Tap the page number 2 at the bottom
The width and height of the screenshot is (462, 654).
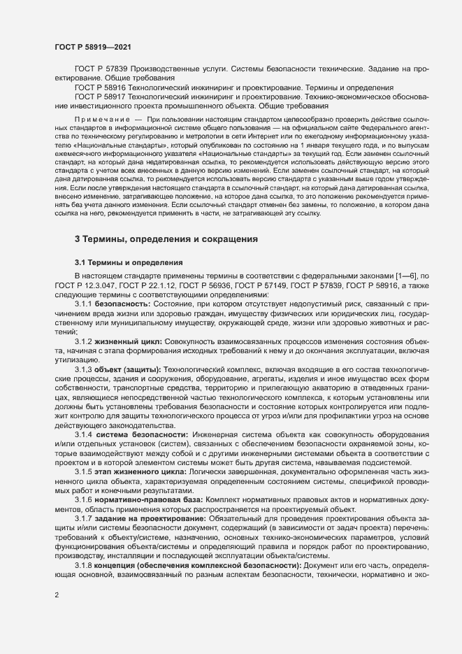point(57,596)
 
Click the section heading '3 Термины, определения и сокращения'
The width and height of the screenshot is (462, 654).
point(166,239)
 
